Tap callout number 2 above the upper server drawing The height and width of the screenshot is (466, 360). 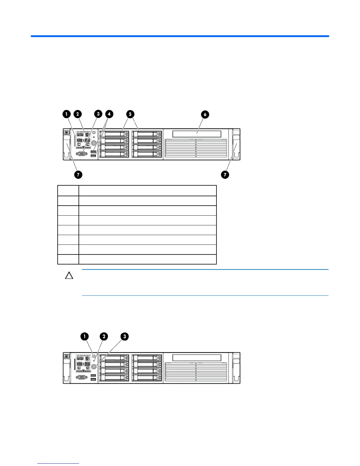point(78,114)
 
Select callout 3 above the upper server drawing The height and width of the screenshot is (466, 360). point(98,114)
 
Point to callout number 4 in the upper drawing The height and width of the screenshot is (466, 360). point(109,114)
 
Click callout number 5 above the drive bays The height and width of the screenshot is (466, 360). point(130,114)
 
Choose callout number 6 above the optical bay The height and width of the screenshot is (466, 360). point(205,114)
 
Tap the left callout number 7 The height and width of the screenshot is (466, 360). point(78,175)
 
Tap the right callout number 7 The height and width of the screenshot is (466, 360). point(225,175)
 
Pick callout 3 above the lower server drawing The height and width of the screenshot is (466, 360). point(125,337)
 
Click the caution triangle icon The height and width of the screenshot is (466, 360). point(69,276)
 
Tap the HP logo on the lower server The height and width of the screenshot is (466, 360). point(66,356)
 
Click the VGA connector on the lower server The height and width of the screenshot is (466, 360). point(81,377)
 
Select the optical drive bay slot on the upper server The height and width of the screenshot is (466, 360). point(197,134)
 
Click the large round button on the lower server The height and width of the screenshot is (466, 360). point(94,367)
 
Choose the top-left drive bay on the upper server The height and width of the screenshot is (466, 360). point(114,134)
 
